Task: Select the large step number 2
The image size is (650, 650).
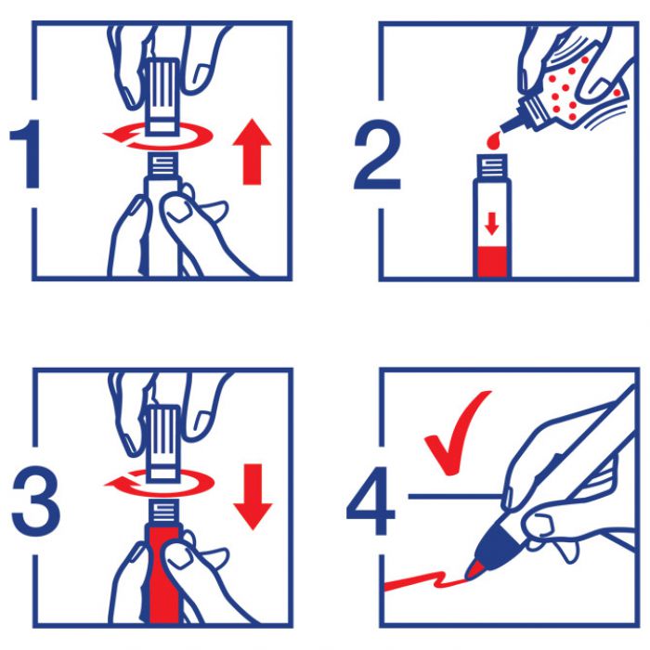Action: (377, 154)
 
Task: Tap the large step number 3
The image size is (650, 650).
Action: (36, 501)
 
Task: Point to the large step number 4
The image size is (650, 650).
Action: (370, 500)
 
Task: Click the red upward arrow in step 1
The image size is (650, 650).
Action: (252, 151)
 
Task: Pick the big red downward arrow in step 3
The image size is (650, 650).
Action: (253, 497)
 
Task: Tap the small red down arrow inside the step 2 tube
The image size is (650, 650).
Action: (492, 224)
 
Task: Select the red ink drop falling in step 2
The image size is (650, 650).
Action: (493, 140)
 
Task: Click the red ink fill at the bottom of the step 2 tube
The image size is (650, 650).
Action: (492, 262)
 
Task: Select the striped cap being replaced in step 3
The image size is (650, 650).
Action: (163, 443)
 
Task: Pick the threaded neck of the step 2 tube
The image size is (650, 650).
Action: (492, 165)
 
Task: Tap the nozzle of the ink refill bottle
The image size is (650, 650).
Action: (511, 123)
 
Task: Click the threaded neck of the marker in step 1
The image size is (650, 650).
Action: (162, 163)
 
